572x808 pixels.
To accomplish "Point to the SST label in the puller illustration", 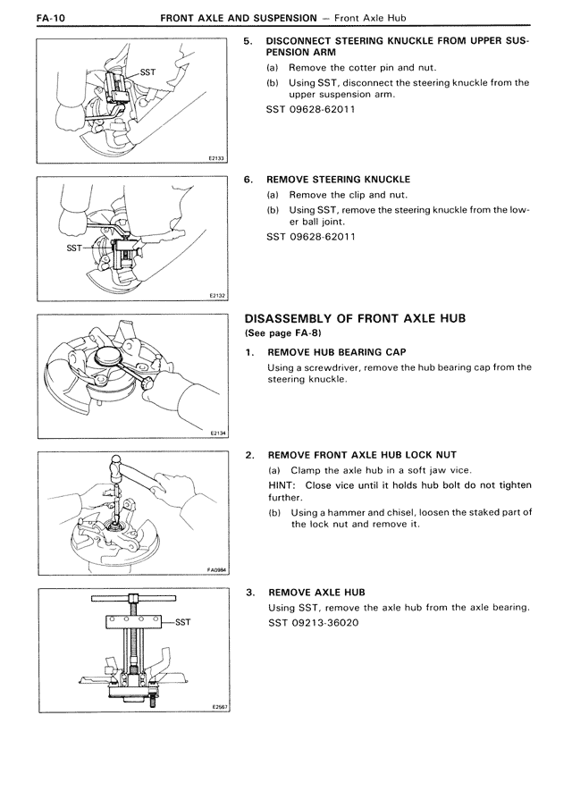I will (182, 621).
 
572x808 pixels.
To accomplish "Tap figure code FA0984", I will (214, 568).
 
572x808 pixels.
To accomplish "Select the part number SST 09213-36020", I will (314, 622).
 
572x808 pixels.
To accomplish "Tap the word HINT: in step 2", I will (284, 485).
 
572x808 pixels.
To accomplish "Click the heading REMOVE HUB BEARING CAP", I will (337, 352).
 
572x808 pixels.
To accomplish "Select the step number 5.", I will (248, 41).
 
